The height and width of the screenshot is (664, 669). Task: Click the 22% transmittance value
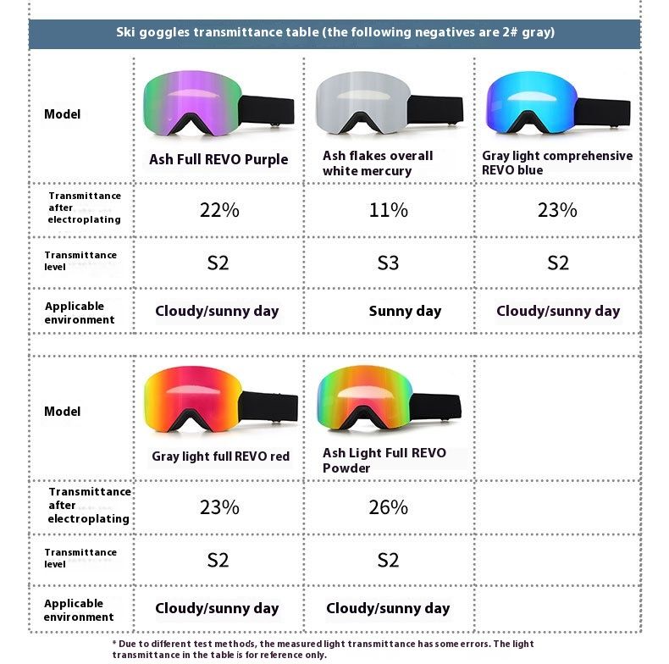[219, 210]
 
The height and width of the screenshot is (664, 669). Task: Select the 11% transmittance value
[388, 210]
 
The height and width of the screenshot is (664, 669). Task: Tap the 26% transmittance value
[388, 507]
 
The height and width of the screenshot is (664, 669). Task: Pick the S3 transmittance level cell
[388, 263]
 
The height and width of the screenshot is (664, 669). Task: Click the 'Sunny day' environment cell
[405, 311]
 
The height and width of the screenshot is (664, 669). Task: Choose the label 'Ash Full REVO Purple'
[218, 159]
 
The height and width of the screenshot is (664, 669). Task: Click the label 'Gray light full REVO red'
[220, 456]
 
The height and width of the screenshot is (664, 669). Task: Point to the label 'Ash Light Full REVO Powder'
[384, 461]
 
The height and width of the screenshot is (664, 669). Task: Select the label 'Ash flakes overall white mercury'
[378, 163]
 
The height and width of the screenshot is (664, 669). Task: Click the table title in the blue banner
[334, 33]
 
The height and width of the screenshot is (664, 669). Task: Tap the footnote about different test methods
[323, 649]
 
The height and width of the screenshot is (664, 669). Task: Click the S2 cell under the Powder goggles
[388, 560]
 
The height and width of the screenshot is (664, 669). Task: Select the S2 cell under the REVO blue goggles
[558, 263]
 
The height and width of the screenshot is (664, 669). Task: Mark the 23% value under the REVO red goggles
[219, 507]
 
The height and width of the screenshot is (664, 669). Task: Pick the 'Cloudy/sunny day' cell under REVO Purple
[217, 311]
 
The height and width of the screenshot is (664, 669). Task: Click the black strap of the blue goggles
[604, 110]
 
